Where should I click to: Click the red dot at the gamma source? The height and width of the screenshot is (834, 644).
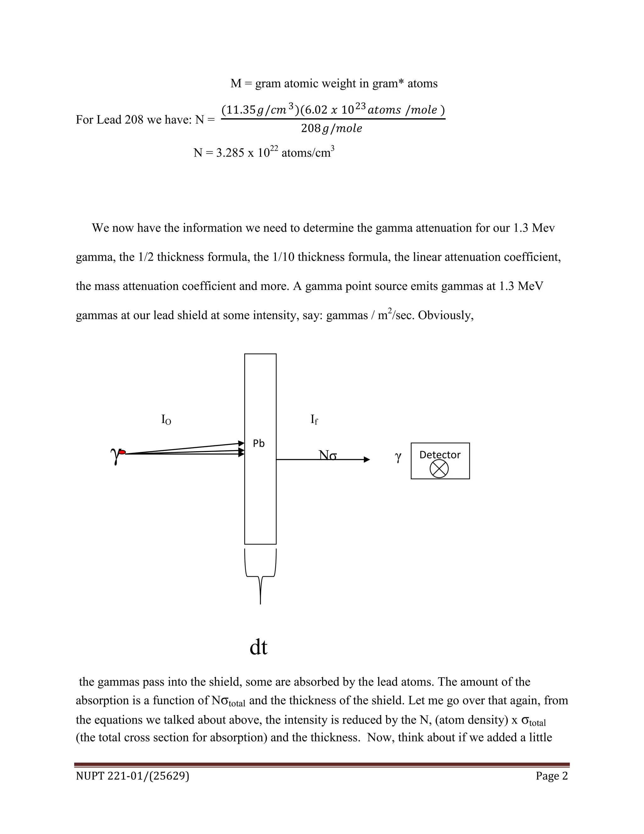(122, 452)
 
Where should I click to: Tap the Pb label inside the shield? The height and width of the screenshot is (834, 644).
(259, 443)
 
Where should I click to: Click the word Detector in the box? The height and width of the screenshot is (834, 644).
(440, 454)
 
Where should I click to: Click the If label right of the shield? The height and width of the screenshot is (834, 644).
(314, 420)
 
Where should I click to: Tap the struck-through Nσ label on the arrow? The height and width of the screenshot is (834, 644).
(327, 455)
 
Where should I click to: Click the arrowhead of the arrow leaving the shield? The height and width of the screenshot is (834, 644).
(367, 459)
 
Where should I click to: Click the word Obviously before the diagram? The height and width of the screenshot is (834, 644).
(445, 315)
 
